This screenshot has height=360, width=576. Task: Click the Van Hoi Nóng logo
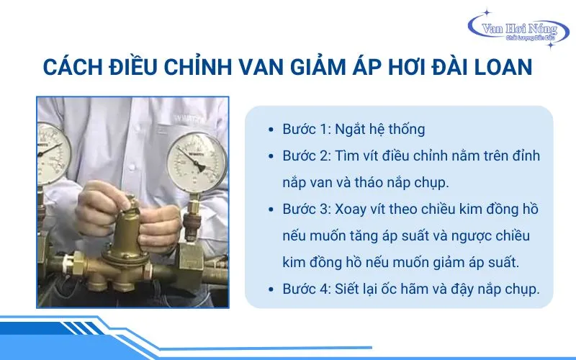518,29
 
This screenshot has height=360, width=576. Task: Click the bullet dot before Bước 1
271,130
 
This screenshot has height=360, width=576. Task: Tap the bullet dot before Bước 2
271,156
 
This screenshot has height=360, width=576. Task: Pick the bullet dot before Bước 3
271,210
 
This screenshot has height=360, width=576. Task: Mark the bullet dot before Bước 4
271,289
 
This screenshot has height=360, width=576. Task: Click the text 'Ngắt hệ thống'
380,130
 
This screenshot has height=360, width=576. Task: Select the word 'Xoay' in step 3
351,210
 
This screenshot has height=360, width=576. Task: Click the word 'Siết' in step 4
347,289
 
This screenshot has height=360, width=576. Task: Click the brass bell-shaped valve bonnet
125,235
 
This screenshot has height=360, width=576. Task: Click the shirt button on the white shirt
131,168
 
